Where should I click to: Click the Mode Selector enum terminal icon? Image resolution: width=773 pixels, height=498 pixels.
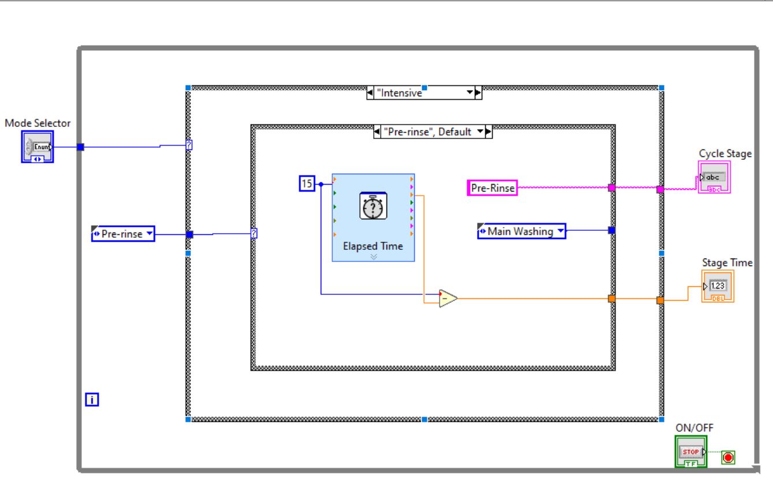(x=37, y=147)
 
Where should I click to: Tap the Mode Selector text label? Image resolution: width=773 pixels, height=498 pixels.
(x=37, y=123)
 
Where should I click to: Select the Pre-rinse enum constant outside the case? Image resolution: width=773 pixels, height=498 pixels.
(x=123, y=234)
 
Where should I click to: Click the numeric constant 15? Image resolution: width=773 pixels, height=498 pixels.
(x=307, y=184)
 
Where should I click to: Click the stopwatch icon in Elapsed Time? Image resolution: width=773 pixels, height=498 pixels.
(x=373, y=207)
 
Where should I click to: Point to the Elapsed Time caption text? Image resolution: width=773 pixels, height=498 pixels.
(x=373, y=246)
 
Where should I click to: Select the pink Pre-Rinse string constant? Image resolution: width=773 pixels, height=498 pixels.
(x=492, y=188)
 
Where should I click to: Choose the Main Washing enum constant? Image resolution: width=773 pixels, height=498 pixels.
(x=521, y=231)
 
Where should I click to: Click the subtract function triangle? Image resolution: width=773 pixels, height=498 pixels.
(x=447, y=298)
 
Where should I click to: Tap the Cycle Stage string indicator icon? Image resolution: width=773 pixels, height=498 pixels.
(x=714, y=177)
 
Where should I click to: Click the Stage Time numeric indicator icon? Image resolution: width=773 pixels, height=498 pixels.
(x=718, y=286)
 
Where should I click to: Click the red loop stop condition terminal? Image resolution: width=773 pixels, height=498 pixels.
(x=728, y=457)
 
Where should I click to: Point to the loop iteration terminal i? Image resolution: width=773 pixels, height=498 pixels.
(x=92, y=399)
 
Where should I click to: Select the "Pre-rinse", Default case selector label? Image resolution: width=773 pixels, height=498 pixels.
(x=427, y=132)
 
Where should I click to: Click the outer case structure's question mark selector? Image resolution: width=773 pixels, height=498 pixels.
(x=189, y=145)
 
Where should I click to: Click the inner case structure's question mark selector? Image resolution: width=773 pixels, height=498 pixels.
(x=254, y=234)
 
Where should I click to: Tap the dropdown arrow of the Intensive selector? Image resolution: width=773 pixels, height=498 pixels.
(x=470, y=93)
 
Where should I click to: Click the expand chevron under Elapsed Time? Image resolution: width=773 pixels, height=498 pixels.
(x=373, y=257)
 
